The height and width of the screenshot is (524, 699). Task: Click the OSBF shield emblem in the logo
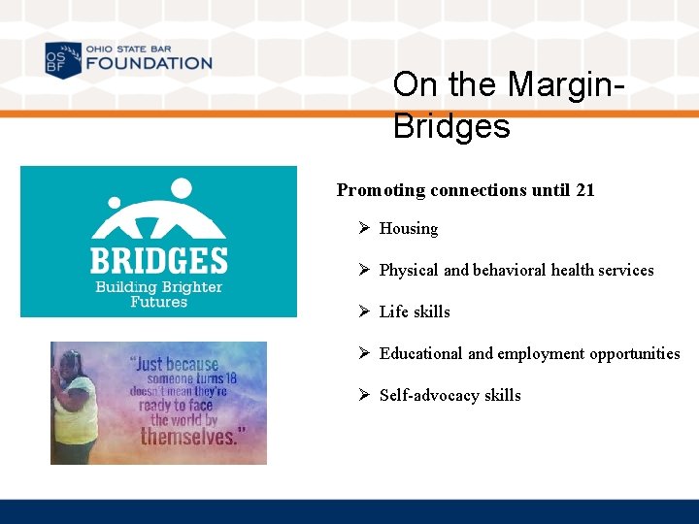point(63,59)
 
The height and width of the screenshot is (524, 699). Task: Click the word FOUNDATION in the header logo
point(148,63)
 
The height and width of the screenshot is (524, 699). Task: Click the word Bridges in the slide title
point(451,126)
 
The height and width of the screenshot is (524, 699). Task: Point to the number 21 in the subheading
point(584,190)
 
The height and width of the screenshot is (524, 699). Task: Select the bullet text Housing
point(409,229)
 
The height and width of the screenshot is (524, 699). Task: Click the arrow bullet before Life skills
point(364,311)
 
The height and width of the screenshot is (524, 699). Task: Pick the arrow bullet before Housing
point(364,228)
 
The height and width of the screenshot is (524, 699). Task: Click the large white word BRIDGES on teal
point(158,261)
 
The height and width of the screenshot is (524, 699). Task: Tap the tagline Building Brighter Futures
point(158,294)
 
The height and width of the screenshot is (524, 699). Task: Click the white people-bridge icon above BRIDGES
point(158,210)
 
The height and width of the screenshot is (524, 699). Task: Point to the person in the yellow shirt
point(75,408)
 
